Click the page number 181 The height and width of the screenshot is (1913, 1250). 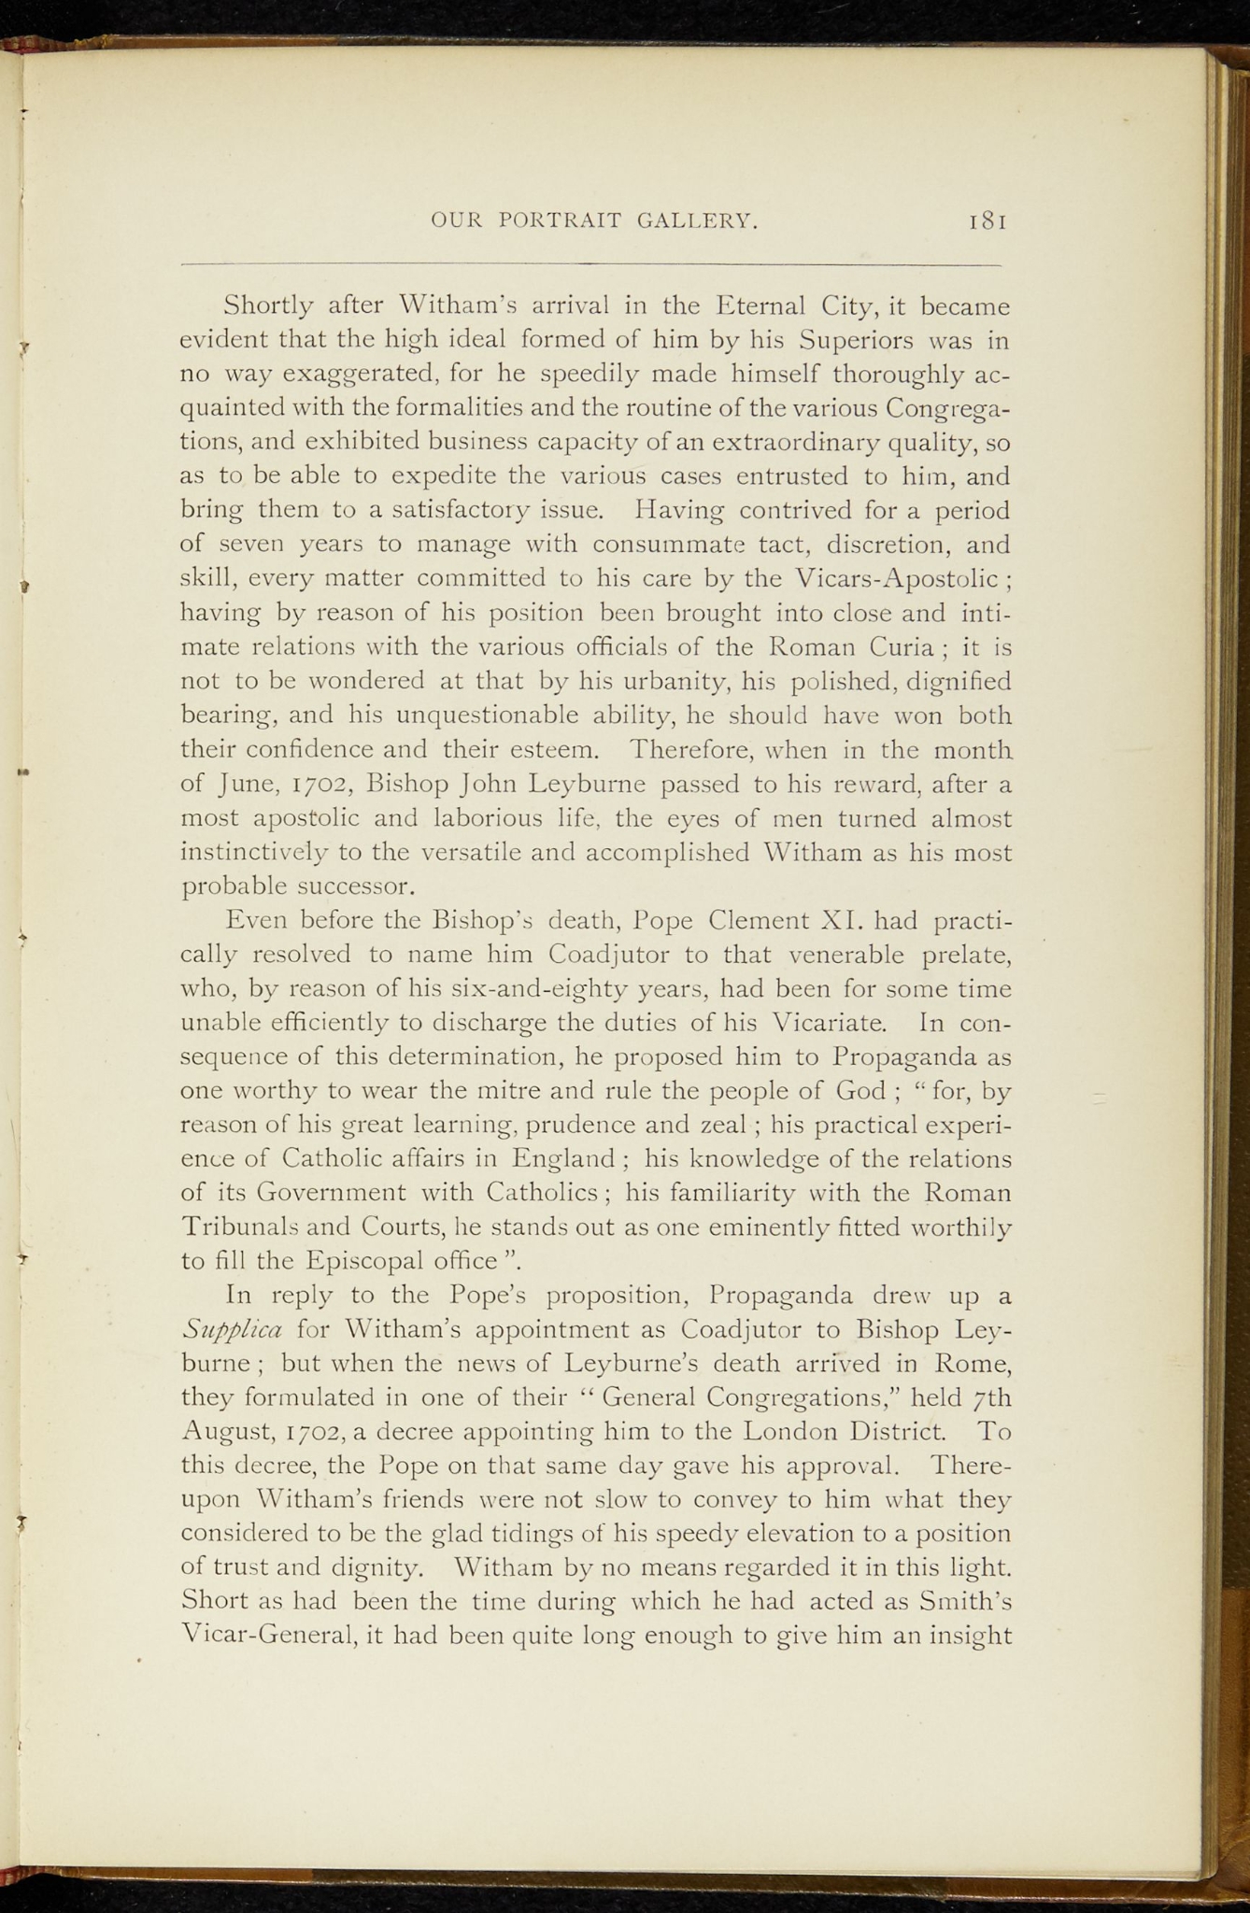point(987,220)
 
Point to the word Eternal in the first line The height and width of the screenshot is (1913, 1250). point(760,305)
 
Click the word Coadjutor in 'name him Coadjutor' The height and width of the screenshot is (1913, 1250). point(606,955)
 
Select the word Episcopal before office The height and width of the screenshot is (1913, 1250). point(365,1261)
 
